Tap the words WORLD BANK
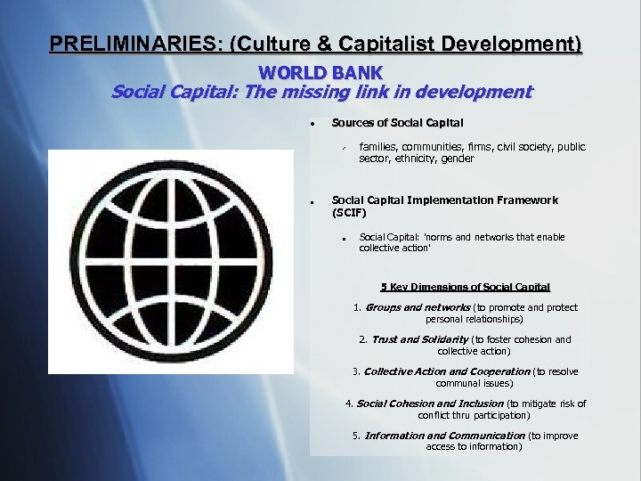[x=320, y=72]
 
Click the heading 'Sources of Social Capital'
[x=397, y=122]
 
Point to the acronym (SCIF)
[x=349, y=213]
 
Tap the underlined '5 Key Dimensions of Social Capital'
[x=465, y=287]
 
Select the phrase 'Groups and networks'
[x=418, y=307]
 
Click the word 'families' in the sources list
[x=378, y=147]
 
